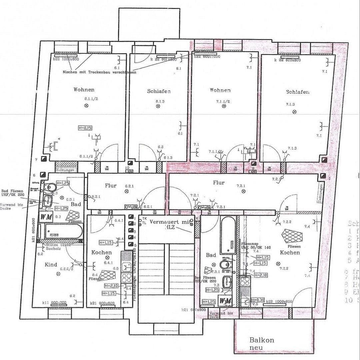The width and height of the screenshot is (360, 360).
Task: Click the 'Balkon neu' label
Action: [x=262, y=344]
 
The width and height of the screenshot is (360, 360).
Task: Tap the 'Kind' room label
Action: [x=51, y=265]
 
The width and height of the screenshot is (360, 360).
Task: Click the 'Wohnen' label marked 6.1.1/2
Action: [x=84, y=89]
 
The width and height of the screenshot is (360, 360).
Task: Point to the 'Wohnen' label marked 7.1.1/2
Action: [x=220, y=90]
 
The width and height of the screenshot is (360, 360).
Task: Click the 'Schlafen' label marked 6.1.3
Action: [x=159, y=91]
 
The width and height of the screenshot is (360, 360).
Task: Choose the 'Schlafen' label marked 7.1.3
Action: [x=297, y=92]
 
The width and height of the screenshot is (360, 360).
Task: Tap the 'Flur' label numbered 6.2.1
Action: [x=111, y=186]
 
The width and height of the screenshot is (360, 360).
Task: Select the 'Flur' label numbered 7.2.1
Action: [x=219, y=183]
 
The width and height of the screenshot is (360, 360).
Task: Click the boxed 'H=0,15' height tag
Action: [x=85, y=128]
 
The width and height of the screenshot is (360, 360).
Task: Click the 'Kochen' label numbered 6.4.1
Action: [x=101, y=252]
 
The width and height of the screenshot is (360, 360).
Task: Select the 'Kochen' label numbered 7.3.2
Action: [x=290, y=252]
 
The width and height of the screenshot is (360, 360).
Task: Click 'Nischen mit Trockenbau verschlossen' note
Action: [x=99, y=72]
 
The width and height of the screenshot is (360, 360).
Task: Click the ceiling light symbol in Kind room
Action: [x=58, y=274]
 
